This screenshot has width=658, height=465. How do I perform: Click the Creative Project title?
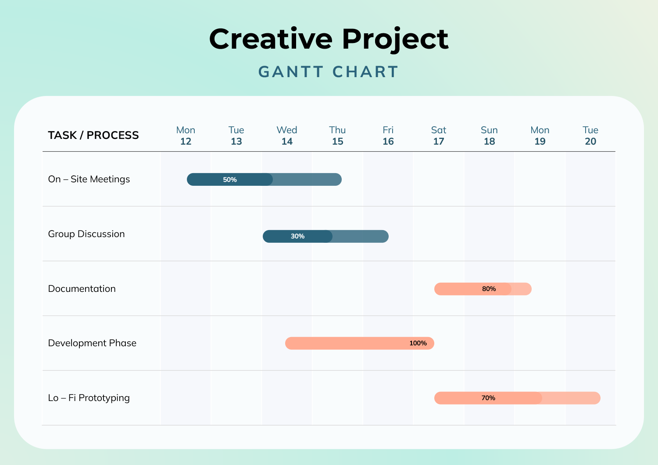tap(329, 39)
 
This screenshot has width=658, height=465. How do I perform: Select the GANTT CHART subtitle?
tap(329, 72)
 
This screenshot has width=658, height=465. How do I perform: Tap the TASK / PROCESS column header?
tap(93, 135)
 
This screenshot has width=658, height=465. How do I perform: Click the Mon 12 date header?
tap(186, 136)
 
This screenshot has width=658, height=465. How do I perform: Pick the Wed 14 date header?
tap(287, 136)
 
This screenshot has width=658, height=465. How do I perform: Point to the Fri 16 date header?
tap(388, 136)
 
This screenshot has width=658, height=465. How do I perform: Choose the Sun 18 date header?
tap(489, 136)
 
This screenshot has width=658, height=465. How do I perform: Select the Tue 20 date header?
tap(590, 136)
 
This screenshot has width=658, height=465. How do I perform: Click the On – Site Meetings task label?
tap(89, 179)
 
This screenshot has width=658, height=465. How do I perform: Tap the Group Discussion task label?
tap(86, 234)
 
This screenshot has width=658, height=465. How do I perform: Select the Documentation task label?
tap(82, 289)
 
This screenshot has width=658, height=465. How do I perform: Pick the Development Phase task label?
tap(92, 343)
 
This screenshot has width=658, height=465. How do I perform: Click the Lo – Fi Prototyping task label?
tap(89, 398)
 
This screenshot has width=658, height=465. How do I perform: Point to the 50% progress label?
tap(230, 180)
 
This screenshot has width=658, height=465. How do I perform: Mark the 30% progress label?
tap(297, 236)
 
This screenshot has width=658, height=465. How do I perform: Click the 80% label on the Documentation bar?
tap(489, 289)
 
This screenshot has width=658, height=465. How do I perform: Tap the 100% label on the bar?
tap(418, 343)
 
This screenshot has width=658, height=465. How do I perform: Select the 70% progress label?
tap(488, 398)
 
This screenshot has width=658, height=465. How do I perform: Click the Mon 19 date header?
tap(540, 136)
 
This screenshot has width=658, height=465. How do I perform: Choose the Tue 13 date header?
tap(236, 136)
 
